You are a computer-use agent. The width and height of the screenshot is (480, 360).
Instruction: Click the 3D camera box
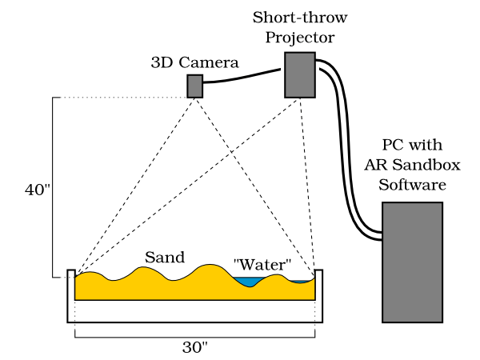pos(195,86)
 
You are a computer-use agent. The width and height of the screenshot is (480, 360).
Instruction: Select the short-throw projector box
pos(300,77)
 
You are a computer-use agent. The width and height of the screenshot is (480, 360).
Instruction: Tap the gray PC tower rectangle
pos(412,261)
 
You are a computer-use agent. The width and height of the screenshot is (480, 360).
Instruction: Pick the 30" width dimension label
pos(196,348)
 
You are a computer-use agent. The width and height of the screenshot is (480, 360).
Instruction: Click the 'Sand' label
pos(165,258)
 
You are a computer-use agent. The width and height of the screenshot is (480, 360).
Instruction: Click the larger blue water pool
pos(248,282)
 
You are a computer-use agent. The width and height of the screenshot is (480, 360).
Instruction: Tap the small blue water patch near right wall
pos(302,281)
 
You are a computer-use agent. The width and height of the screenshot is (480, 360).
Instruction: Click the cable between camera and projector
pos(240,74)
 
